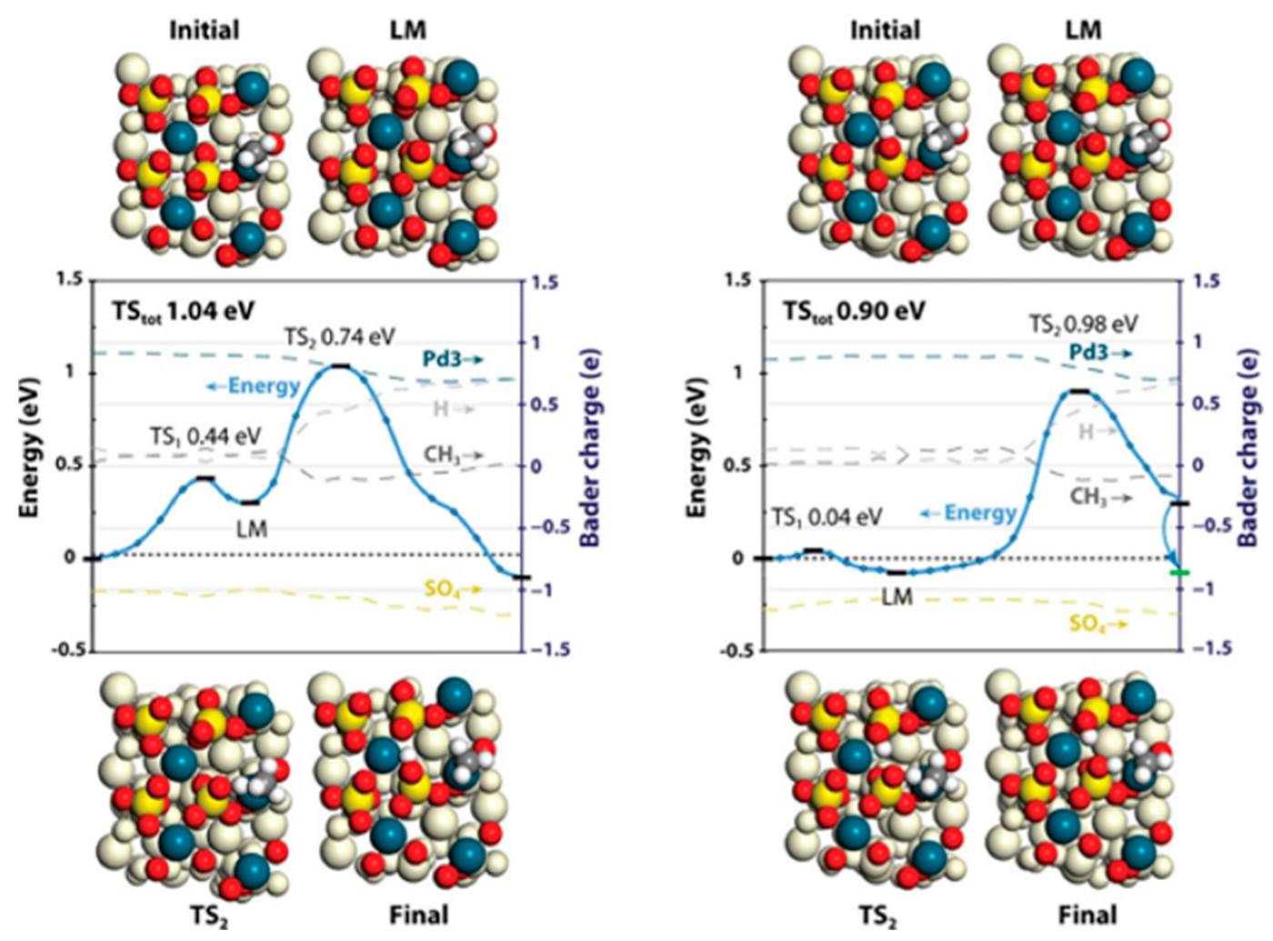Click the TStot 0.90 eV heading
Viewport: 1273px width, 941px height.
854,311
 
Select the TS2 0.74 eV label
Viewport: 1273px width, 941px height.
339,337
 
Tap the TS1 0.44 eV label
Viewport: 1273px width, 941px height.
205,436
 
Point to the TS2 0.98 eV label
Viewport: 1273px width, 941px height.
1083,324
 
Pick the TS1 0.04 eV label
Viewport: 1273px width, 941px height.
827,517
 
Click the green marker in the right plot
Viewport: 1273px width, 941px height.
1179,572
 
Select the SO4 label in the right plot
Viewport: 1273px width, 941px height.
1088,624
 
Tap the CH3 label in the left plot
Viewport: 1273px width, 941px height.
442,454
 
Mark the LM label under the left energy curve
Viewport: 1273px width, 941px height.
251,528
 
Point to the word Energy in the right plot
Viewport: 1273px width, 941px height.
979,513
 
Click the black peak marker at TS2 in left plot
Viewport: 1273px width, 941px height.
340,365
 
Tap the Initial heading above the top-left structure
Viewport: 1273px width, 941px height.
205,30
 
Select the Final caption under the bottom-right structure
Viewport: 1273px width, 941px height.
1088,914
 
